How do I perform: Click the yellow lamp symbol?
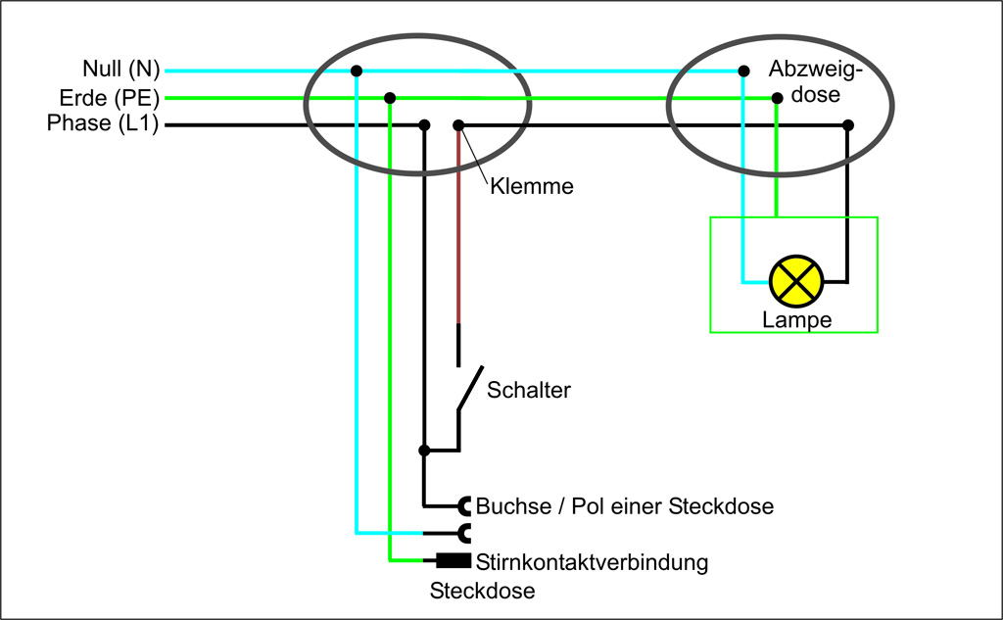point(796,281)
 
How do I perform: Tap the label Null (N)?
point(120,70)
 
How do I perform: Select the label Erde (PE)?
point(109,98)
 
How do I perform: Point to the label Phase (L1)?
point(103,124)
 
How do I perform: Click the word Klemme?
point(531,185)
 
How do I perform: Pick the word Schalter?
point(529,390)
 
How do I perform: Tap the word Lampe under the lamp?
point(796,320)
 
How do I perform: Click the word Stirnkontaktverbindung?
point(592,563)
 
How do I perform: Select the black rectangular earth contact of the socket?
point(454,561)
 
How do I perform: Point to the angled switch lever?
point(469,390)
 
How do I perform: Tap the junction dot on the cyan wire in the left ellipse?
point(357,71)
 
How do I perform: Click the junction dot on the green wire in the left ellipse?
point(390,98)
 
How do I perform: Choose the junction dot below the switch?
point(424,451)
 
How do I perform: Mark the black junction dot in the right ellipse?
point(848,125)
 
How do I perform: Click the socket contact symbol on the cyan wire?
point(465,533)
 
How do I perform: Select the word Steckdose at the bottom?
point(483,592)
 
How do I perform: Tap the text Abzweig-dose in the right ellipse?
point(816,81)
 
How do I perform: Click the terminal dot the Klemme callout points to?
point(457,125)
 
